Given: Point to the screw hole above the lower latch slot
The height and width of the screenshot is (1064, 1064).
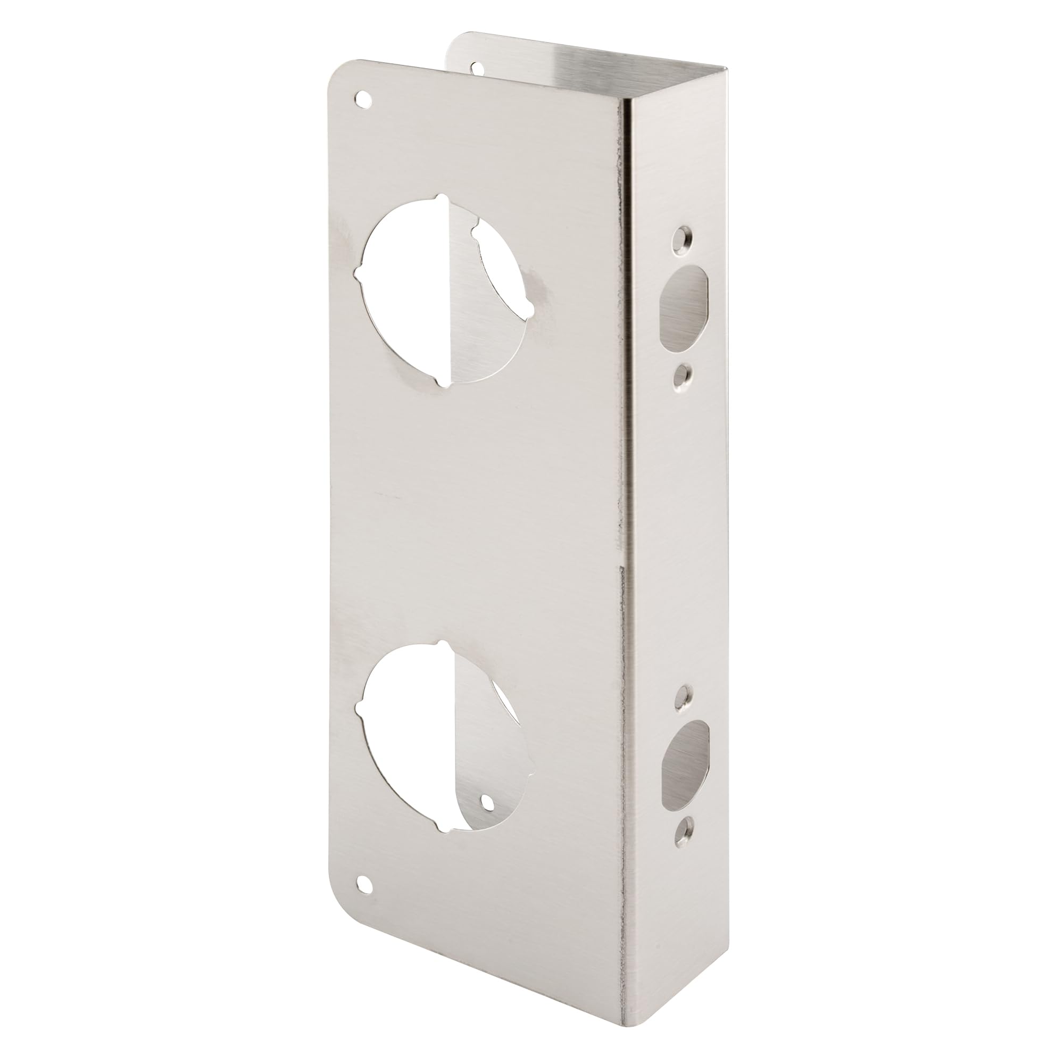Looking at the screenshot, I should point(685,695).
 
